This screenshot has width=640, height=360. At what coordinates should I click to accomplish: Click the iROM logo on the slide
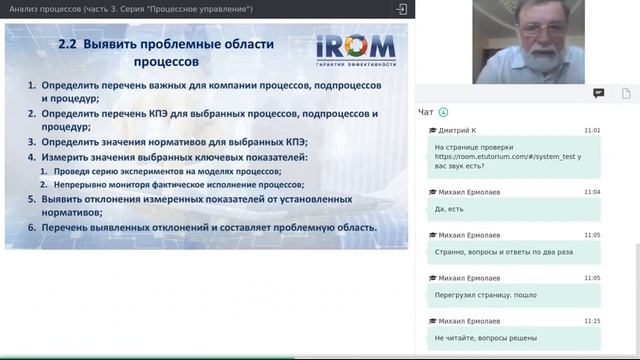pyautogui.click(x=356, y=50)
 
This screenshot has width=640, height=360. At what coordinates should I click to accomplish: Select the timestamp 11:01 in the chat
pyautogui.click(x=592, y=130)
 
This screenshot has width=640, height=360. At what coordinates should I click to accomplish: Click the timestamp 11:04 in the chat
pyautogui.click(x=592, y=191)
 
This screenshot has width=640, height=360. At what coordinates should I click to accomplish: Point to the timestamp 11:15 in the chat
pyautogui.click(x=592, y=321)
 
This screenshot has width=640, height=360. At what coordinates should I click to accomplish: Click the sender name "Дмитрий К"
pyautogui.click(x=459, y=130)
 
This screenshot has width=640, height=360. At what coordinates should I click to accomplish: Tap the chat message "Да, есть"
pyautogui.click(x=452, y=209)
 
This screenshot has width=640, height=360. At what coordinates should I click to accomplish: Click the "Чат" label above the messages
pyautogui.click(x=426, y=112)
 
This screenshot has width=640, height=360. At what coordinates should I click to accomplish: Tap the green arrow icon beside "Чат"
pyautogui.click(x=443, y=112)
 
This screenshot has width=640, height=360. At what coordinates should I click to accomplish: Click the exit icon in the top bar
pyautogui.click(x=401, y=9)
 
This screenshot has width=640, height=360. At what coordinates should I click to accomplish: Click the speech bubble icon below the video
pyautogui.click(x=598, y=93)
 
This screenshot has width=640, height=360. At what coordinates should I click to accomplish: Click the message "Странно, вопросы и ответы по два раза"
pyautogui.click(x=504, y=252)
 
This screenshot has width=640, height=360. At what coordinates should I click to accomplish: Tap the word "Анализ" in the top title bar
pyautogui.click(x=25, y=9)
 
